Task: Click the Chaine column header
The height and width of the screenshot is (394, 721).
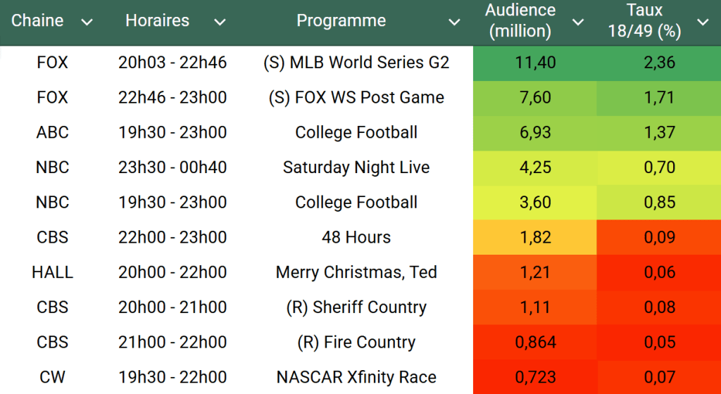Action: click(37, 21)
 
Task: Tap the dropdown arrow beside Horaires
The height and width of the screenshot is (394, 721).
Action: click(220, 23)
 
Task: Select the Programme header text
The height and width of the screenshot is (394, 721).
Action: click(341, 21)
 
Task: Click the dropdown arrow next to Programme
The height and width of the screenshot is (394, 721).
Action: click(454, 23)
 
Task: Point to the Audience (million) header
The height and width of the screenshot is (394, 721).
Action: click(520, 21)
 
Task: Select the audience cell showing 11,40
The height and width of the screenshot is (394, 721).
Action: click(535, 63)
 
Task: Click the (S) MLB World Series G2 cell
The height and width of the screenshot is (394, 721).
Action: click(356, 63)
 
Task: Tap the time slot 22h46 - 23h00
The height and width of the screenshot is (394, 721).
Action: click(173, 98)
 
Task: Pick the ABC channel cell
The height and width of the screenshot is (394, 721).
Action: click(52, 132)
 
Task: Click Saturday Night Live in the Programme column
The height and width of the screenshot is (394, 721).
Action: click(356, 167)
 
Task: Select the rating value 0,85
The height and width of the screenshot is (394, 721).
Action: click(659, 203)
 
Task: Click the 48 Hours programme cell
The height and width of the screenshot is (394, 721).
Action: click(356, 237)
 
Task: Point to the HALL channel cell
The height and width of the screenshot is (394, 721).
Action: click(52, 272)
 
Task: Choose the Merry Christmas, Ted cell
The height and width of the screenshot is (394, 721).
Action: click(356, 272)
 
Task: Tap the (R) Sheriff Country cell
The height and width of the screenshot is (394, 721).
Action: click(356, 307)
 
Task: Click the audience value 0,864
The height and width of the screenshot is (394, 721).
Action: click(535, 343)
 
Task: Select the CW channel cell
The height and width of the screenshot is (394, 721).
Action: click(52, 377)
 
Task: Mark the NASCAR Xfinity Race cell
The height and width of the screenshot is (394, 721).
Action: click(356, 377)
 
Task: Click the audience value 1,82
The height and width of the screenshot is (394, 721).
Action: click(535, 237)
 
